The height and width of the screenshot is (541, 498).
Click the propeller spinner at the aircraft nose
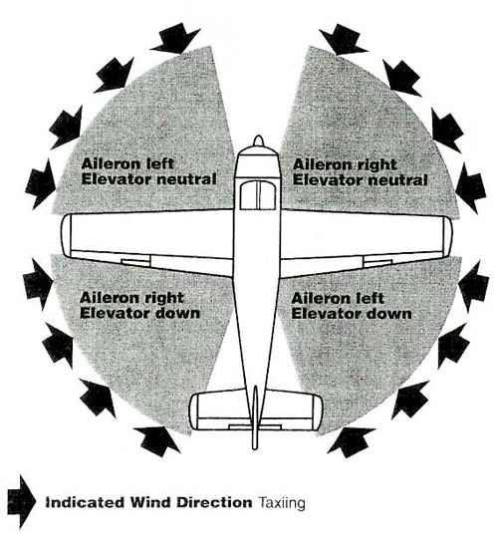[258, 140]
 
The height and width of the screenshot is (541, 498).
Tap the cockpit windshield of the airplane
[258, 195]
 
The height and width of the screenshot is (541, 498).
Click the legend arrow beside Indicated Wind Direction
[21, 502]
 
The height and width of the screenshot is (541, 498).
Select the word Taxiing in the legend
[282, 503]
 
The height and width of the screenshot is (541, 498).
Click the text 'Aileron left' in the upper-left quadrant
[127, 163]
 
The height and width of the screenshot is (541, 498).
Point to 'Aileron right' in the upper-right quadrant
[345, 164]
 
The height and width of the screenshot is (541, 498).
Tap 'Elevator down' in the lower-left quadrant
[140, 313]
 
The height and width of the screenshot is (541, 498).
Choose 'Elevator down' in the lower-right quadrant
[352, 314]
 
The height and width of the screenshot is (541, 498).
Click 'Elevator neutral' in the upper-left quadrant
[148, 179]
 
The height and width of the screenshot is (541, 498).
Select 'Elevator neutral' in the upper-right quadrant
[360, 180]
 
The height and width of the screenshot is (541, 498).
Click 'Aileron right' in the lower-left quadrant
[131, 298]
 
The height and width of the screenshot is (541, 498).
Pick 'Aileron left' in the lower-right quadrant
[338, 298]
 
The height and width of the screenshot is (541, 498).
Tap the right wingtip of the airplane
[448, 237]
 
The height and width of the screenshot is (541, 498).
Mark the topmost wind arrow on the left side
[175, 38]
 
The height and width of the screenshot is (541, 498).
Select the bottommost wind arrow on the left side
[157, 440]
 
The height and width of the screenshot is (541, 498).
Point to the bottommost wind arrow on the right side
[352, 442]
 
